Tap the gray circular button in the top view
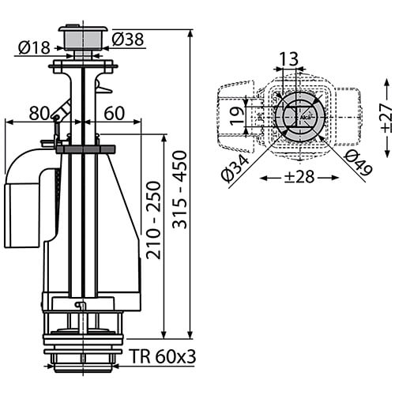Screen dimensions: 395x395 point(298,118)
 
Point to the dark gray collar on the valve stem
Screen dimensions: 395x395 point(85,149)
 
